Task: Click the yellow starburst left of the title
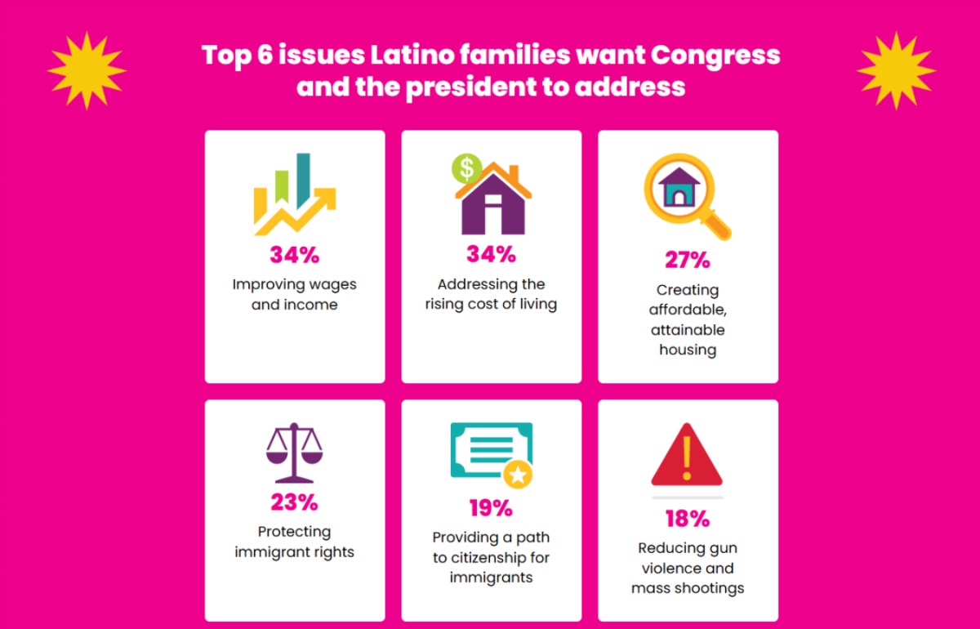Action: (x=86, y=71)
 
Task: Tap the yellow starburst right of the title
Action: (x=895, y=71)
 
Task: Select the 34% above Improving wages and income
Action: (x=294, y=255)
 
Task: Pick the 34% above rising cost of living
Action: (x=491, y=254)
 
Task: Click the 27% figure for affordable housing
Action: (x=688, y=261)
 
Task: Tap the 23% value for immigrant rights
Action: (x=294, y=502)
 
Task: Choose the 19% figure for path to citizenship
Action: (x=491, y=508)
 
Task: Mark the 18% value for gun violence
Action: (x=688, y=519)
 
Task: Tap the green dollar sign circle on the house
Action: (x=466, y=169)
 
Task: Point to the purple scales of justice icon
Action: (x=294, y=452)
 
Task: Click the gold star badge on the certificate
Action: (x=517, y=474)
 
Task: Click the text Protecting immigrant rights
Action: (x=294, y=542)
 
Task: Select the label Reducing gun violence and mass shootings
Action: (x=688, y=568)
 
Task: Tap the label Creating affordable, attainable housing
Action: (x=688, y=319)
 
